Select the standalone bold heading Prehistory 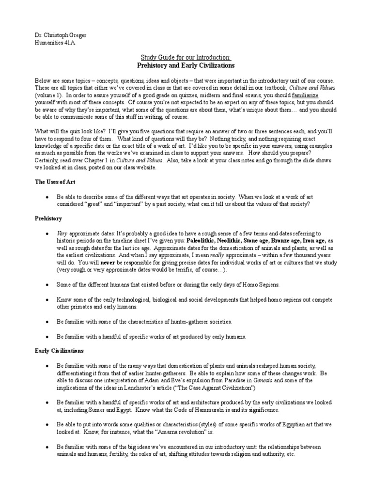[48, 219]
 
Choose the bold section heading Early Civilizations [59, 350]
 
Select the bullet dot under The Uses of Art [46, 197]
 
